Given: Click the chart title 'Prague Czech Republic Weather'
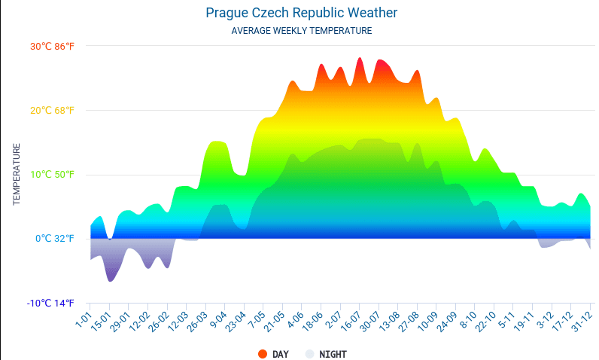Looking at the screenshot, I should [x=301, y=13].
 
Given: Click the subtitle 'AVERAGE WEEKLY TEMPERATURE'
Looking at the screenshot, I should [x=301, y=31].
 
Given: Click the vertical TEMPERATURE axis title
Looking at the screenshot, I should [x=17, y=174].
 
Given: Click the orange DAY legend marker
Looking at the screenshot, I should [x=262, y=353].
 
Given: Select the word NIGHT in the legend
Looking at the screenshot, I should [x=333, y=353].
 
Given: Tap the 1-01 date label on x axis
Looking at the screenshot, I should [x=83, y=316].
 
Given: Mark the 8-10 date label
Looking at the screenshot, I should [x=468, y=318].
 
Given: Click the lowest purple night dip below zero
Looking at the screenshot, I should [x=111, y=279].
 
